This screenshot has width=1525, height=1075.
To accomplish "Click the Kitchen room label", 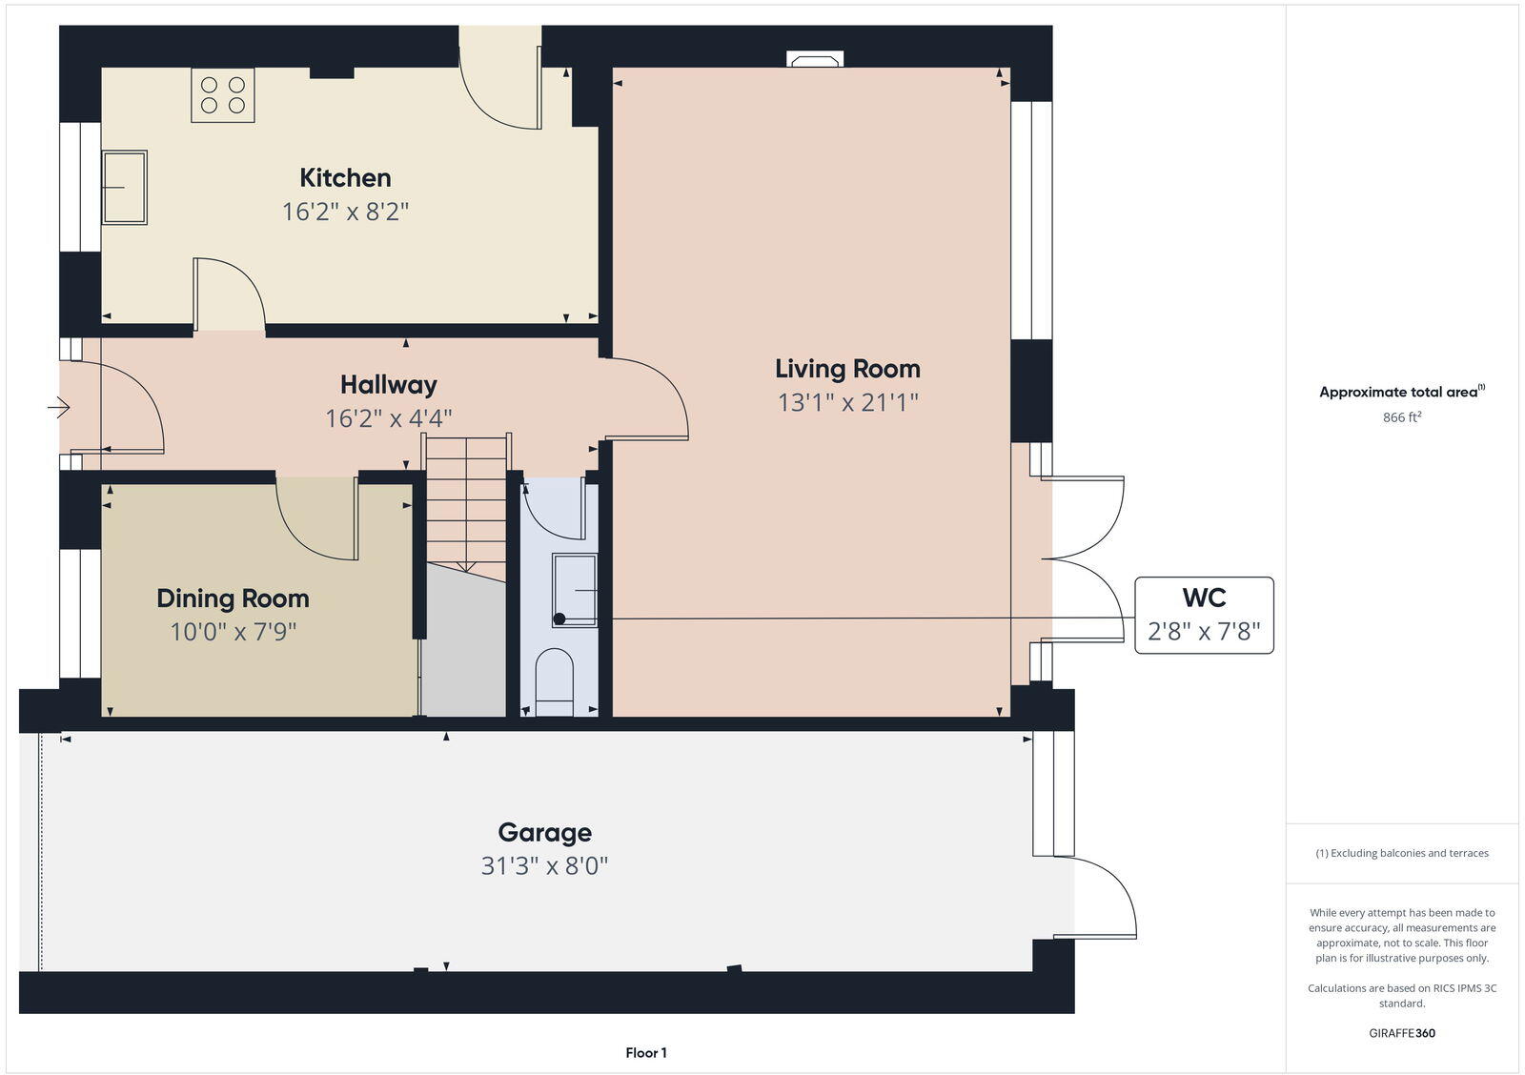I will point(345,178).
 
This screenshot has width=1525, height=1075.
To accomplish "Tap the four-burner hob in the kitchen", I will point(223,95).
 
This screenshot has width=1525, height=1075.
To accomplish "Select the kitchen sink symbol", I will point(125,187).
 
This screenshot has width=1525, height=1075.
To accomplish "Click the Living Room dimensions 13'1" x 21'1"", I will point(847,402).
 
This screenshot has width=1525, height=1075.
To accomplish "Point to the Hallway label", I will point(388,385).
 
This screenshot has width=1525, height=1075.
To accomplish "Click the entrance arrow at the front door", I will point(58,408).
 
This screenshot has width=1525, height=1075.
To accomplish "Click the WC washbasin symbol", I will point(575,591).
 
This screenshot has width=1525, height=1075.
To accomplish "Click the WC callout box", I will point(1204,615).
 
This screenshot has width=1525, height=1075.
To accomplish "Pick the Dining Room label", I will point(233,598).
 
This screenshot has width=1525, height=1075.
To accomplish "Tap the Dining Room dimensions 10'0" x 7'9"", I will point(234,632).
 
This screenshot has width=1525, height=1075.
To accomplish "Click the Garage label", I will point(544,833).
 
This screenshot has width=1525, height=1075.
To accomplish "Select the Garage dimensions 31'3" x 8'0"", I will point(544,866).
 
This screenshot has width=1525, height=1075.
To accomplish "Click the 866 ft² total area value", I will point(1402,417).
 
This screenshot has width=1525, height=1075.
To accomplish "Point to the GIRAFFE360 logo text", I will point(1401,1033).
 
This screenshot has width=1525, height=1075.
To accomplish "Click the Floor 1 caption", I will point(645,1053).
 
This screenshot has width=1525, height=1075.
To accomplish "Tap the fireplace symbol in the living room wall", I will point(814,60).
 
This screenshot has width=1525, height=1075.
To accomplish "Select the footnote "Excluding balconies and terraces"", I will point(1402,853).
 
